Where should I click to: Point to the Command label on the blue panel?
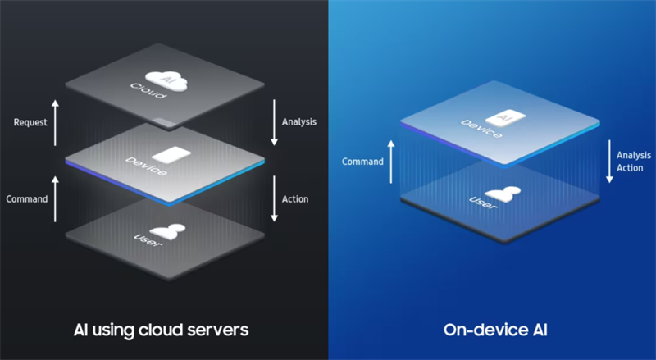(363, 161)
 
